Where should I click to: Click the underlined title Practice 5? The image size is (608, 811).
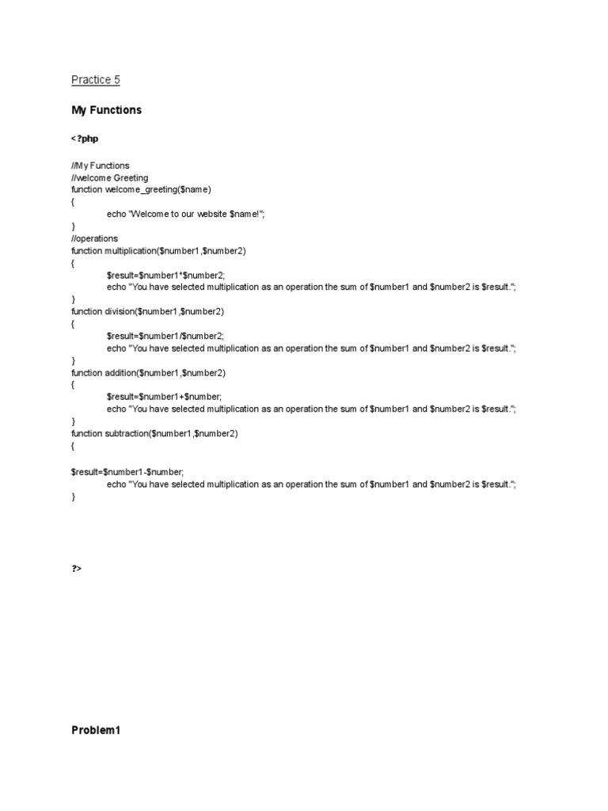(95, 80)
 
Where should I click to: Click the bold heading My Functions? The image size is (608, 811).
(106, 110)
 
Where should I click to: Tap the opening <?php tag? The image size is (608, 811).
(85, 139)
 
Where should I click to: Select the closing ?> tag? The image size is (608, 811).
(77, 568)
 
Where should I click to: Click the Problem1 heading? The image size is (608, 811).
(95, 730)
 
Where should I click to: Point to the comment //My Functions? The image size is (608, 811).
(100, 166)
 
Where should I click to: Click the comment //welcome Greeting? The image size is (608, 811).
(109, 178)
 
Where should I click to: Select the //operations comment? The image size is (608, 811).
(94, 238)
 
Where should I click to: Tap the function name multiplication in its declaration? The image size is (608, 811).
(130, 251)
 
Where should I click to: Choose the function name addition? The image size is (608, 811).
(120, 372)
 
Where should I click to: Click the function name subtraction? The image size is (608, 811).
(127, 433)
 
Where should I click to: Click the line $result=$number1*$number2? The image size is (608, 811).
(165, 275)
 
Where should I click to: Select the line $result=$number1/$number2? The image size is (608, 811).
(165, 336)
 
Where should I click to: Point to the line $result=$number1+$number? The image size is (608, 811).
(164, 396)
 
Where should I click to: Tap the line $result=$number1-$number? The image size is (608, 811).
(127, 471)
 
